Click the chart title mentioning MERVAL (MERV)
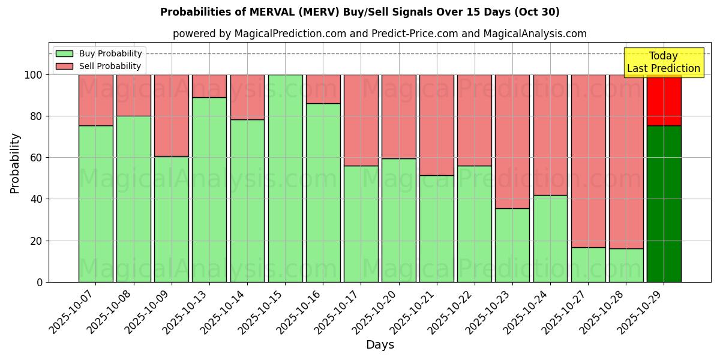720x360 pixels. coord(360,12)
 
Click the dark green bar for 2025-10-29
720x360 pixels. coord(664,204)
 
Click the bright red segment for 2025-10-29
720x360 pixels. coord(664,100)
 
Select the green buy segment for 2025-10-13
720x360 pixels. coord(209,190)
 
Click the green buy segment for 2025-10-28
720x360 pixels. coord(626,265)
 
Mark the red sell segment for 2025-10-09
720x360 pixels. coord(172,115)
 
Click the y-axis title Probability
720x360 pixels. coord(15,163)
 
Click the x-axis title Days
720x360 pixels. coord(380,345)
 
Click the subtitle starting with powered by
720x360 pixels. coord(379,34)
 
